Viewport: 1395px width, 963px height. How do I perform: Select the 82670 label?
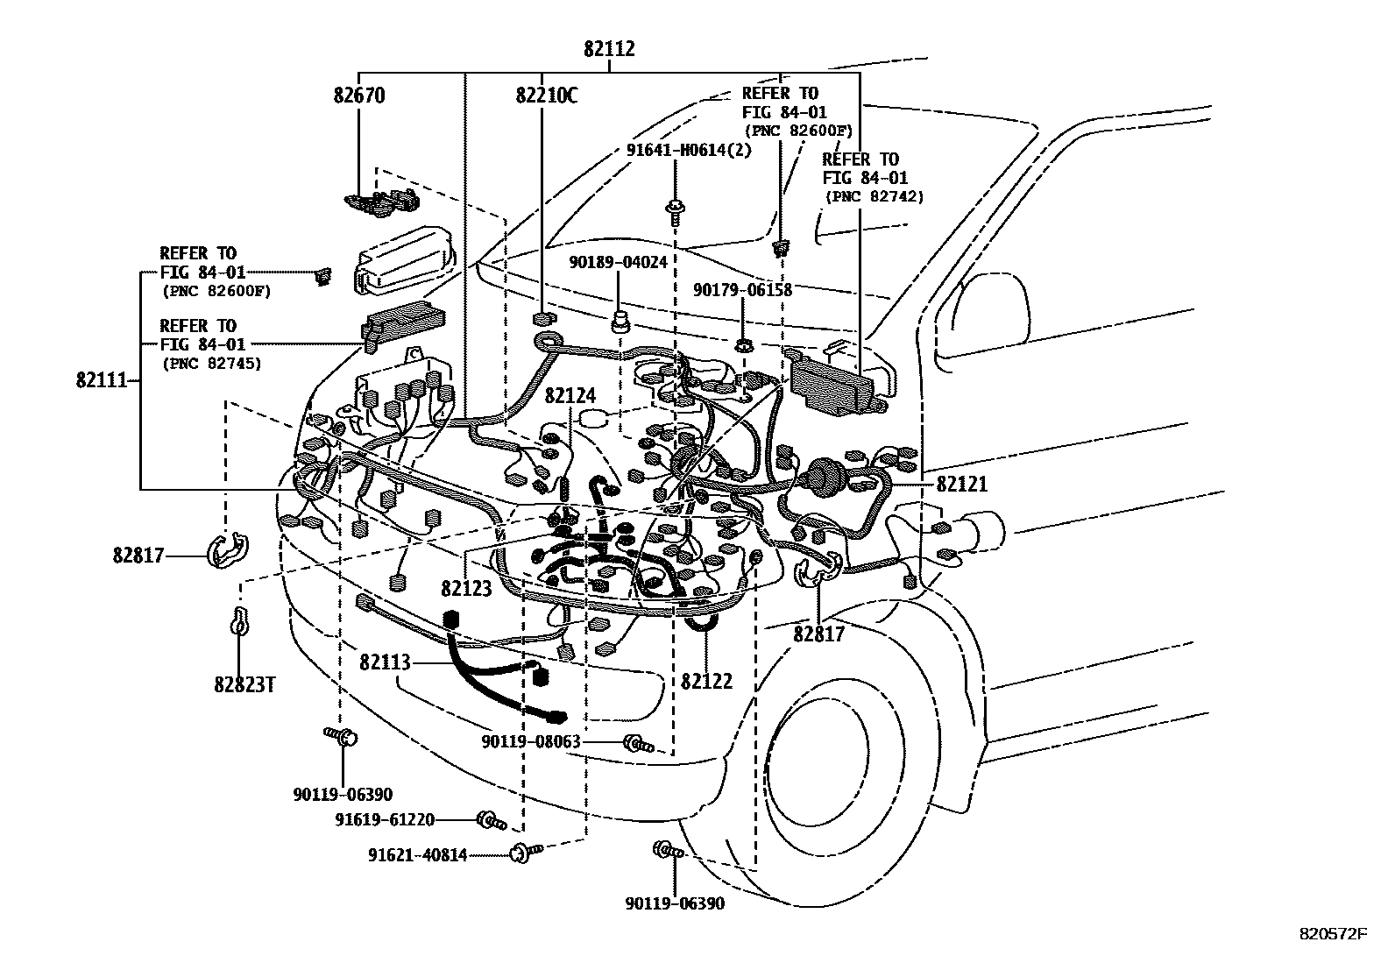pos(359,96)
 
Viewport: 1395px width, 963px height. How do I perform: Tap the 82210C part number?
pos(547,96)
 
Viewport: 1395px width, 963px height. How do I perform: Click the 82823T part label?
pos(244,683)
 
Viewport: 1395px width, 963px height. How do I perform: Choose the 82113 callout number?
pos(385,662)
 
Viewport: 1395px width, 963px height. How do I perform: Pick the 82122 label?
pos(706,681)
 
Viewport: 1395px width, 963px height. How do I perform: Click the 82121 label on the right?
pos(961,485)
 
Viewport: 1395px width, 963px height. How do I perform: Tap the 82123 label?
pos(466,589)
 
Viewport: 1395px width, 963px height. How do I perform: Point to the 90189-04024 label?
pos(618,262)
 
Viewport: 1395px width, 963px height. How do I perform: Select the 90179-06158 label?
pos(742,289)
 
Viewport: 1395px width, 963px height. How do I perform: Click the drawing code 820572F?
pos(1333,934)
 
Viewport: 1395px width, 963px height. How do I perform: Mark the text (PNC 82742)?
pos(874,197)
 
